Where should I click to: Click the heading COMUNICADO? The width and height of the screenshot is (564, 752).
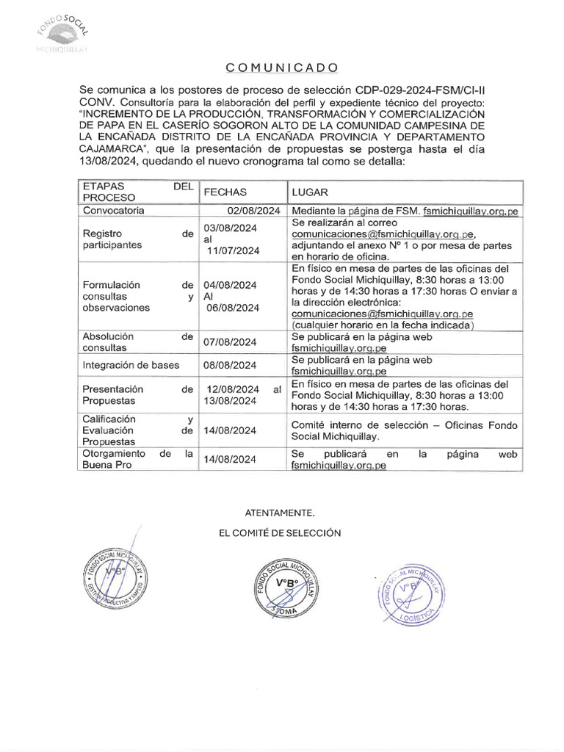pos(282,68)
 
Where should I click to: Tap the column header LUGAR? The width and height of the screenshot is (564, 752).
pos(309,191)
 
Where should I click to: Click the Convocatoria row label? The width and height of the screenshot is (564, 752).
pos(114,210)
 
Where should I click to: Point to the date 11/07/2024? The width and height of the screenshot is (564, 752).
pos(233,250)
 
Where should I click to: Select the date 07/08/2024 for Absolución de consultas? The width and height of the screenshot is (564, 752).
pos(230,341)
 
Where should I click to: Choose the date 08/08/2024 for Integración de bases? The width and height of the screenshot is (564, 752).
pos(230,365)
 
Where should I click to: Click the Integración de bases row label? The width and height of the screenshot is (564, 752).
pos(128,365)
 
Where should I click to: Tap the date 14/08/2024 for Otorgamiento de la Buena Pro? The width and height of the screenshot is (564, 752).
pos(230,460)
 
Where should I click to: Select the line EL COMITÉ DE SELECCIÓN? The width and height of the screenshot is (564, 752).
pos(280,532)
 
